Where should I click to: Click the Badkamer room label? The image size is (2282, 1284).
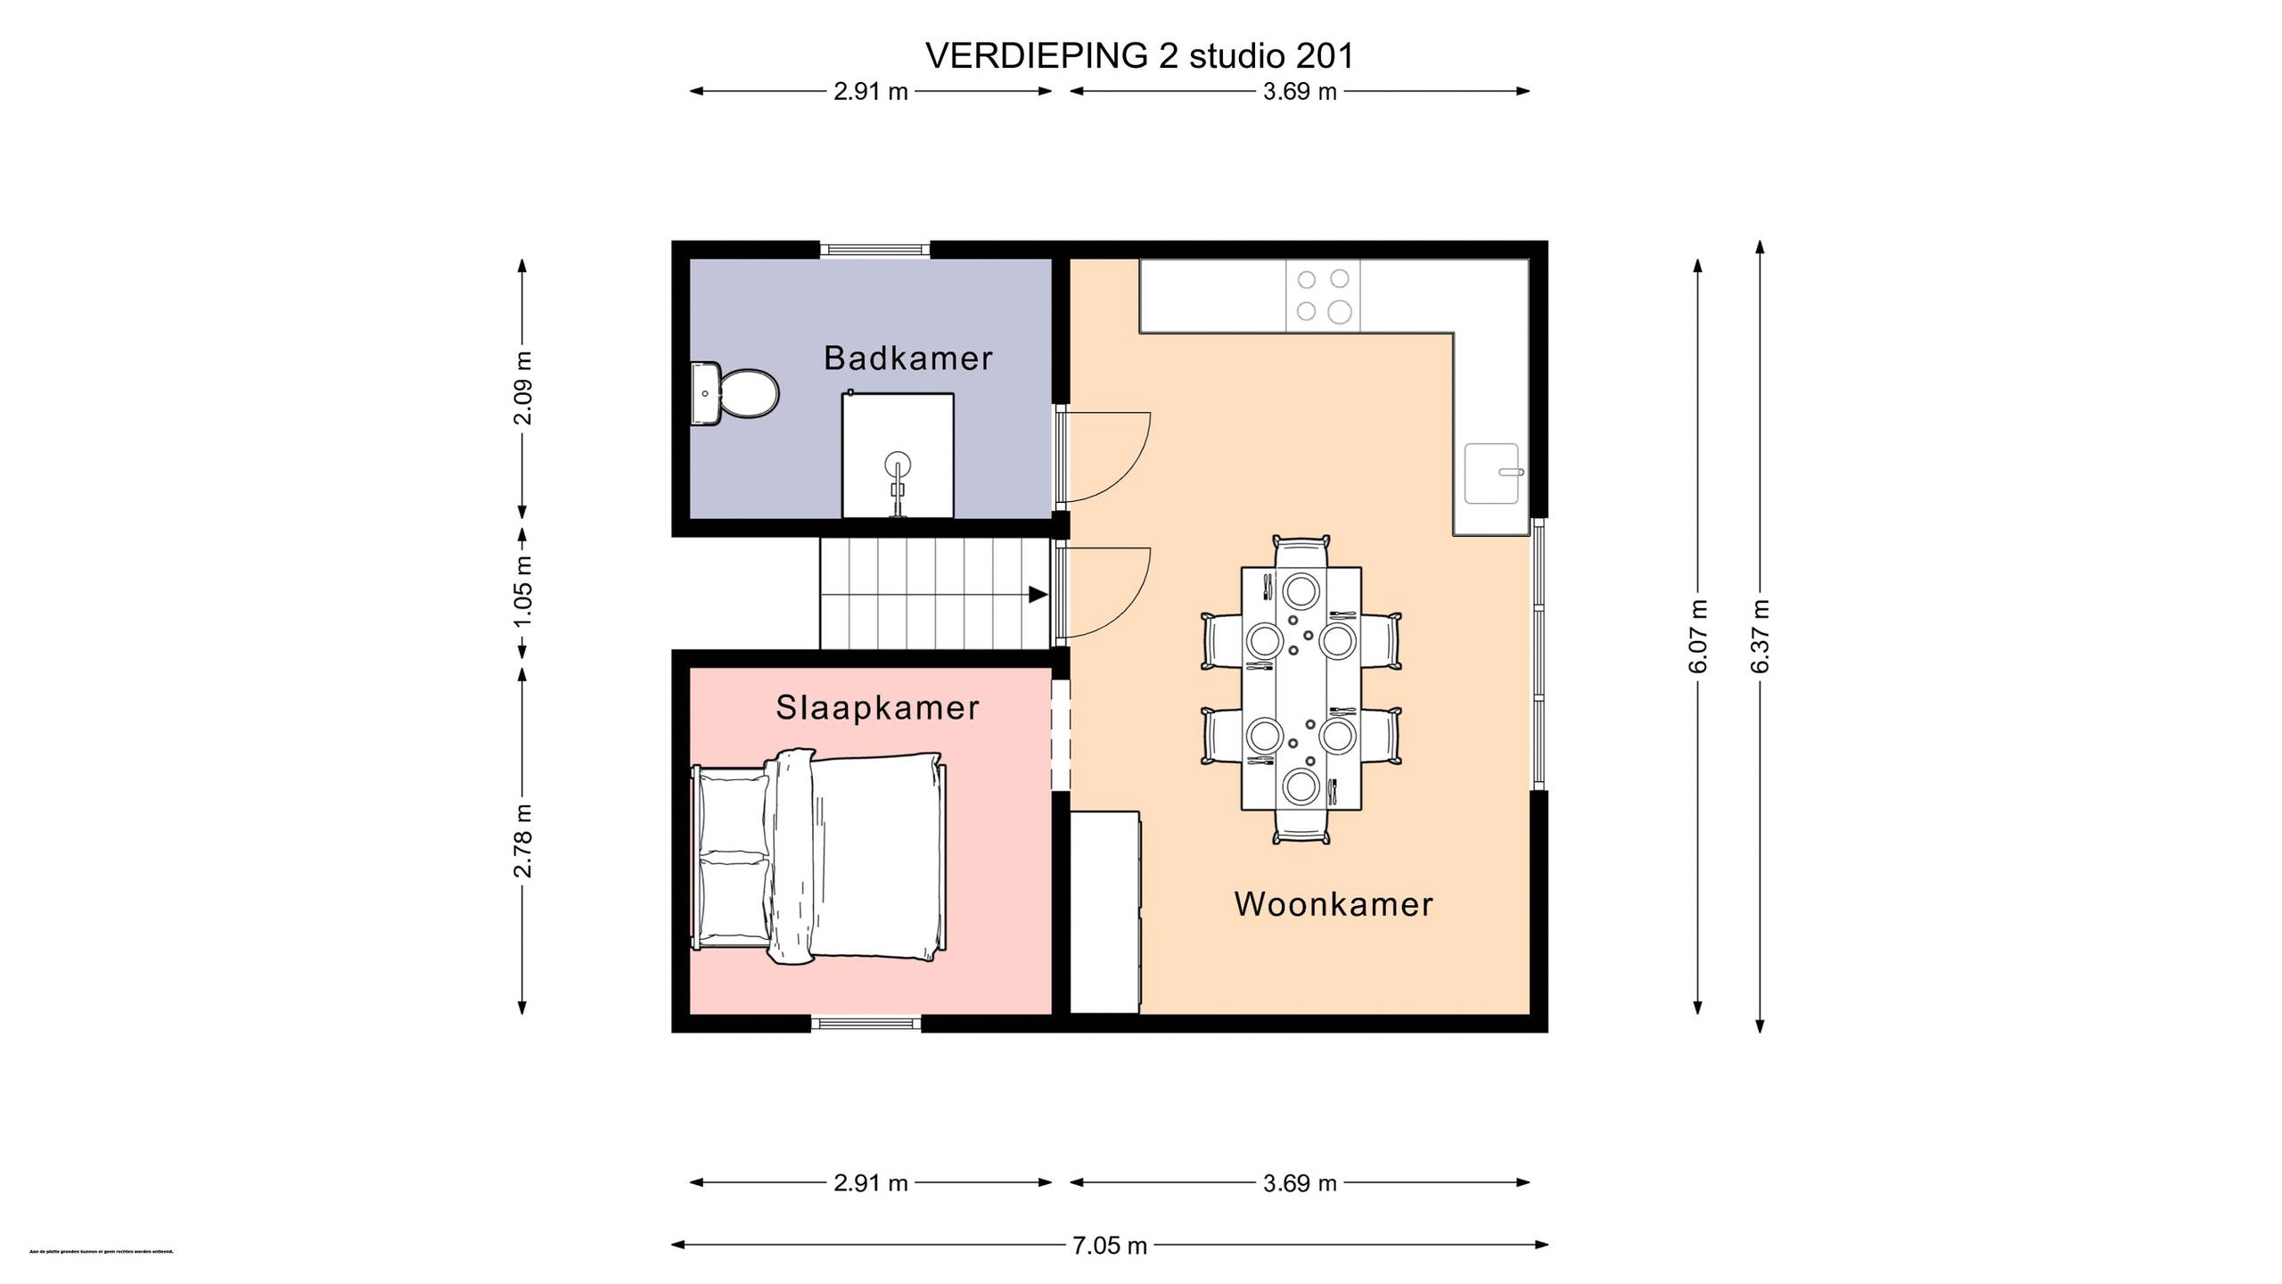click(907, 358)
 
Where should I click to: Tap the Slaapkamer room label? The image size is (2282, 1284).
click(877, 708)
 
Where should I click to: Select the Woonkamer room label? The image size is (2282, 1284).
click(1334, 904)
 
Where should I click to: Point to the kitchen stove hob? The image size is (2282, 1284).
click(1323, 296)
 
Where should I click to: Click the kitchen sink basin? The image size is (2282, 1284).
click(1491, 473)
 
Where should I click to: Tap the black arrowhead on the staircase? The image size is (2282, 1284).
click(1038, 594)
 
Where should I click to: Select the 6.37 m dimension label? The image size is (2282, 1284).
click(1760, 636)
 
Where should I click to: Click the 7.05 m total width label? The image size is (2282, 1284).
click(1109, 1246)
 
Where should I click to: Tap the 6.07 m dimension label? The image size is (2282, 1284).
click(1698, 636)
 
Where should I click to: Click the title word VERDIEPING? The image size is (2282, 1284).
click(1037, 56)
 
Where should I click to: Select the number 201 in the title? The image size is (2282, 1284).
click(1323, 56)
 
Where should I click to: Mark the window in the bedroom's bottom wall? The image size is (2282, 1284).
click(866, 1023)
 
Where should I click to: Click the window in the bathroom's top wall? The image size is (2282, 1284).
click(874, 250)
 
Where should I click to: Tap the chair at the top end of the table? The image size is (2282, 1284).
click(1301, 549)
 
